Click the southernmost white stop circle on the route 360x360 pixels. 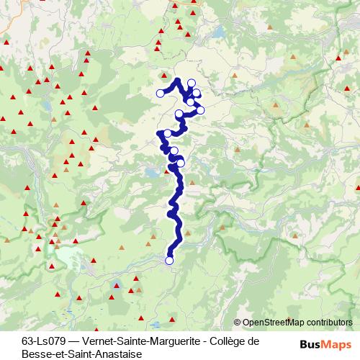click(x=170, y=261)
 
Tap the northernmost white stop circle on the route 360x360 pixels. click(x=192, y=83)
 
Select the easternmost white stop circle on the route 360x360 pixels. click(x=201, y=109)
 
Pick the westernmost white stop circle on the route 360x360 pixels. click(x=160, y=93)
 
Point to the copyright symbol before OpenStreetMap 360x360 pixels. click(x=238, y=322)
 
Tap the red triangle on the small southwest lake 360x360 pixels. click(x=116, y=285)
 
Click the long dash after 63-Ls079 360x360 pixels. click(x=75, y=341)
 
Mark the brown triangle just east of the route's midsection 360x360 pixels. click(x=192, y=183)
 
